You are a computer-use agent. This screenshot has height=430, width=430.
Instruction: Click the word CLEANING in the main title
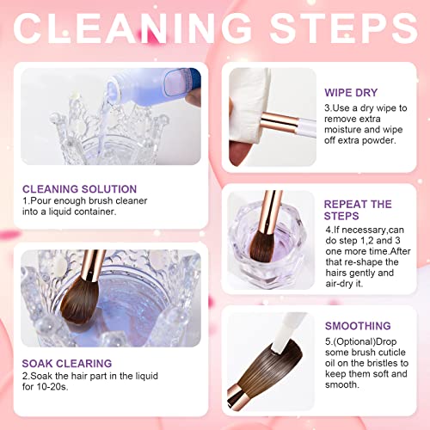(x=132, y=28)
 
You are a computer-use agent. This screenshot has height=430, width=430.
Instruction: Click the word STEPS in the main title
(x=343, y=28)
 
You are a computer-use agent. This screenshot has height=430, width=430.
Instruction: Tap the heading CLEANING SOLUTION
(x=79, y=189)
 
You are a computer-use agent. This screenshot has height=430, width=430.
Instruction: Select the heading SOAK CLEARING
(x=67, y=363)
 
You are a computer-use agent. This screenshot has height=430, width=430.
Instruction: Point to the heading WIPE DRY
(x=351, y=93)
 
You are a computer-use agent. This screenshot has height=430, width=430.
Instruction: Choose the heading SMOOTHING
(x=358, y=326)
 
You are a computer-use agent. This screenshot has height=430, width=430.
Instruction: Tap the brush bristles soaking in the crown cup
(x=79, y=301)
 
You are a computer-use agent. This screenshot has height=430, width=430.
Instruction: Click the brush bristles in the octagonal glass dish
(x=261, y=245)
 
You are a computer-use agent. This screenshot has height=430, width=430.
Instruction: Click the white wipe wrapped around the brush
(x=249, y=109)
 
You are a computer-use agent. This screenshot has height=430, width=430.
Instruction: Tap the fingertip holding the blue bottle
(x=193, y=98)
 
